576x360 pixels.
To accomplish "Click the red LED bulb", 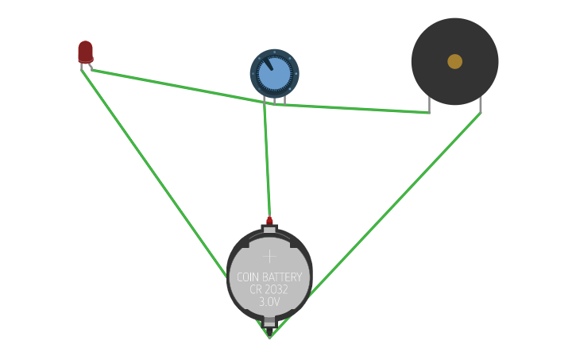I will pos(85,51).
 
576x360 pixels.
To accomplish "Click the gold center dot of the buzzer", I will pos(454,61).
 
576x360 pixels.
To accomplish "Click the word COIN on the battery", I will pos(249,277).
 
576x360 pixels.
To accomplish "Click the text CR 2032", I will pos(269,289).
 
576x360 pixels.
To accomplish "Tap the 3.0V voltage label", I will pos(269,302).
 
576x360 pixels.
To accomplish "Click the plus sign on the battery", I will pos(269,256).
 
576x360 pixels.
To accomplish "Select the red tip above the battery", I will pos(269,220).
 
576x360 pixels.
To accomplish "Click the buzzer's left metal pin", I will pos(429,104).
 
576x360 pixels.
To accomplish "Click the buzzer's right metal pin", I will pos(480,104).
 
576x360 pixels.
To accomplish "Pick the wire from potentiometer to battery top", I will pos(267,159).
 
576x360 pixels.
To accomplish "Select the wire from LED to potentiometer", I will pos(175,86).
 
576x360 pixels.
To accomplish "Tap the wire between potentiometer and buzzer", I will pos(358,109).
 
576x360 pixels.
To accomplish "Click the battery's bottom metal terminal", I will pos(269,323).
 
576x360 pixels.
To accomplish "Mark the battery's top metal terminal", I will pos(269,230).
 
